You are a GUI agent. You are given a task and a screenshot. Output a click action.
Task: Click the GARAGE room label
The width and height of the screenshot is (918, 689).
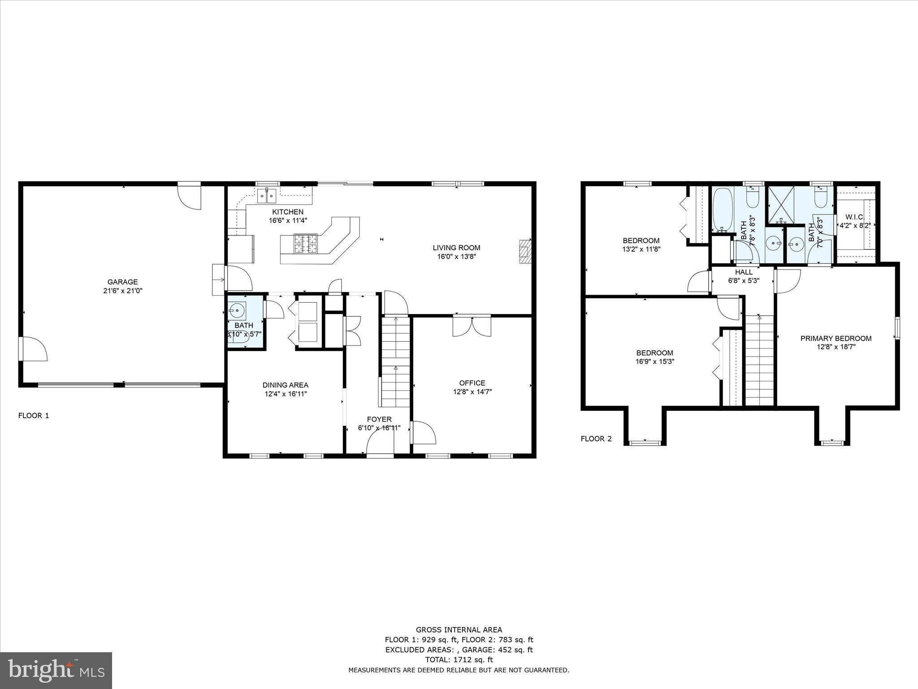[122, 282]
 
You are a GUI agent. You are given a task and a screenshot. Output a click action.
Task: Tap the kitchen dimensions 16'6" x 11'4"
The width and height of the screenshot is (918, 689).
[288, 221]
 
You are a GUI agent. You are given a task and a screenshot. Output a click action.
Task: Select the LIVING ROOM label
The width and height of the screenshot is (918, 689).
[456, 248]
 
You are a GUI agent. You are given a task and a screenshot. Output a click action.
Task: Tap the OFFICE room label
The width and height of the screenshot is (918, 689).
[472, 383]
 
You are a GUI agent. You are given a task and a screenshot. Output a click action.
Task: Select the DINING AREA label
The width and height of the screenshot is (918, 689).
[285, 385]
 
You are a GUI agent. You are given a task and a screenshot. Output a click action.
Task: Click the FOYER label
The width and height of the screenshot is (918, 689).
[379, 419]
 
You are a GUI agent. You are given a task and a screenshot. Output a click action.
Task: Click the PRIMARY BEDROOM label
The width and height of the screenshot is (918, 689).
[836, 338]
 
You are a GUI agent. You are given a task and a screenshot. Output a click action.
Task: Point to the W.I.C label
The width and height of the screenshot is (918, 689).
[854, 217]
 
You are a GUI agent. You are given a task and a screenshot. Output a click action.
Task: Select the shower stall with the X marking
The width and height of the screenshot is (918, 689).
[781, 205]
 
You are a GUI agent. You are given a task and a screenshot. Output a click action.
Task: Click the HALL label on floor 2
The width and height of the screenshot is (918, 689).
[744, 272]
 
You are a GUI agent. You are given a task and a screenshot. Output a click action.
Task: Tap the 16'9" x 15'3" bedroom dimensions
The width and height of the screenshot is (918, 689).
[654, 361]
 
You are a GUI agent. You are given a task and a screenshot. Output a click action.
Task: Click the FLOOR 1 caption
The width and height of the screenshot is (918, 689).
[34, 415]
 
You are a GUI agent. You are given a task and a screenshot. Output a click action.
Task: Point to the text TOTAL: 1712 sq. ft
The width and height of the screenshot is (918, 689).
[459, 659]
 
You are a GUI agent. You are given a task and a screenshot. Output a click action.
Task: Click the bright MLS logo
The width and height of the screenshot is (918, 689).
[56, 671]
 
